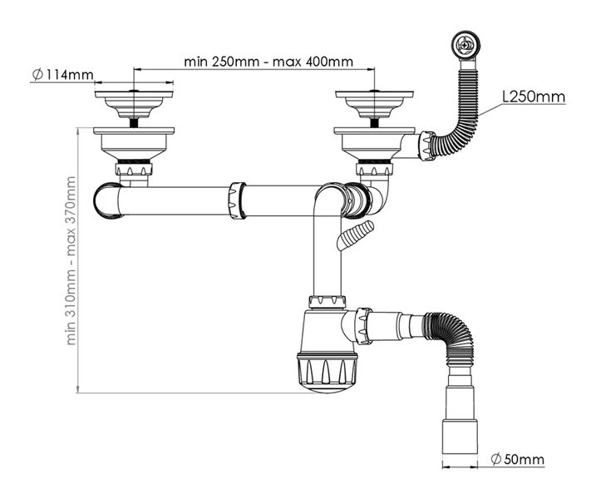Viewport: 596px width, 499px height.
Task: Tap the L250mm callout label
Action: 534,96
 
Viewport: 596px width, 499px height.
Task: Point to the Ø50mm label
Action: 517,459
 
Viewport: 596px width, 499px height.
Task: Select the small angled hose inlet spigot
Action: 352,235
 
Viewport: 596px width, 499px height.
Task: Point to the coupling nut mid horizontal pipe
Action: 235,200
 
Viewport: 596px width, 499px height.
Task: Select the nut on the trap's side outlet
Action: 363,325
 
